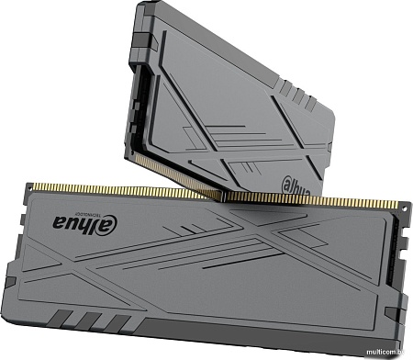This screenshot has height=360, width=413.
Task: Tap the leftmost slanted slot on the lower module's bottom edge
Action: (59, 321)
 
